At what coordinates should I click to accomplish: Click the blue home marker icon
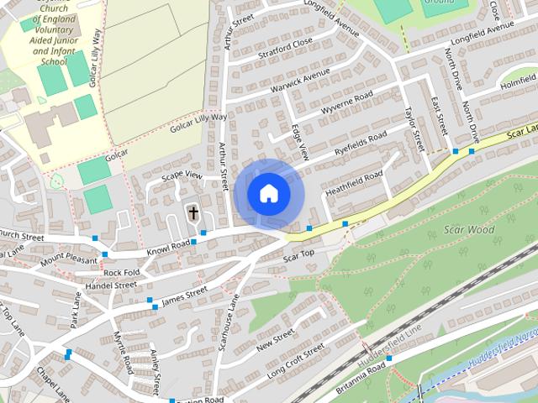coord(268,194)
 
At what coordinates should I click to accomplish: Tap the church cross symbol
coord(193,213)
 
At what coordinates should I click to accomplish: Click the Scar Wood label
coord(469,229)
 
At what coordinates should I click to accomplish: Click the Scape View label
coord(183,175)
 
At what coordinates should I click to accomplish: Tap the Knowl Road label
coord(169,246)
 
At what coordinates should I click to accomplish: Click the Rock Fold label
coord(121,273)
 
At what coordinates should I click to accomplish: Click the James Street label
coord(184,295)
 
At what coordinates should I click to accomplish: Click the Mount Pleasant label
coord(69,259)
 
